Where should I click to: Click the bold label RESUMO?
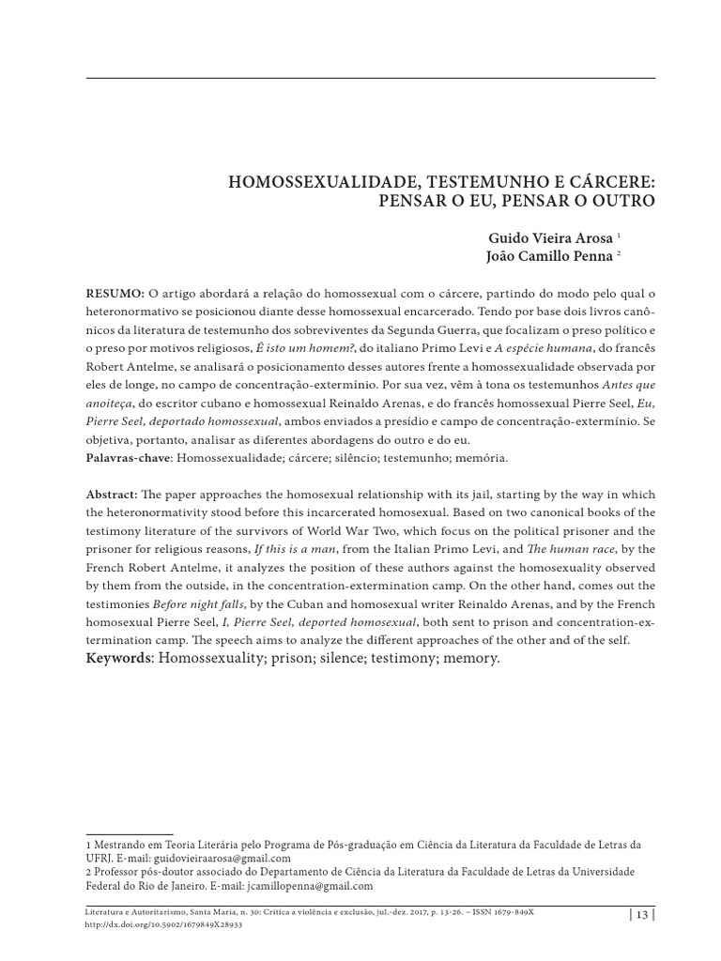click(115, 295)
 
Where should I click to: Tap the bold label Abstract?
click(112, 494)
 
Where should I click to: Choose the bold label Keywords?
click(119, 660)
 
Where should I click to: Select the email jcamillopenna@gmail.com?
click(310, 885)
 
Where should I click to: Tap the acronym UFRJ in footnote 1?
click(99, 858)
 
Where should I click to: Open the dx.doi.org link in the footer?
click(163, 923)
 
